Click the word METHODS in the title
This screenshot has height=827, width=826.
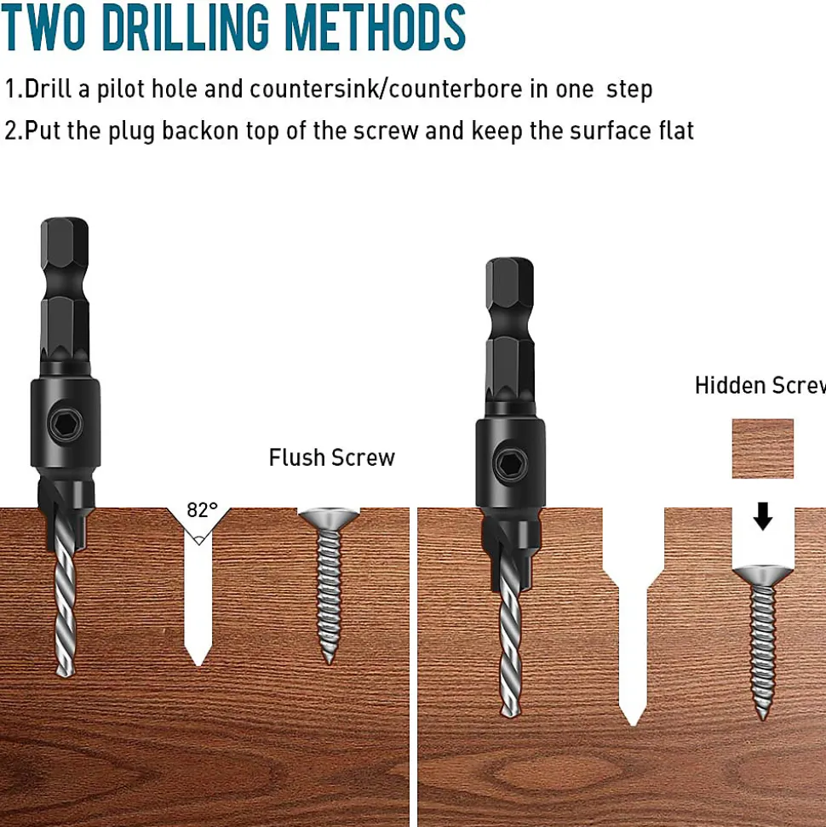(x=375, y=26)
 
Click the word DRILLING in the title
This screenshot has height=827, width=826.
(x=185, y=26)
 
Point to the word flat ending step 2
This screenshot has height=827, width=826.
(x=676, y=130)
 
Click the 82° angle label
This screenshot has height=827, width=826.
(x=202, y=510)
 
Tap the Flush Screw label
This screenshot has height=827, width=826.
(x=332, y=457)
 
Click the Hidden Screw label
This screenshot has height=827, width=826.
(x=760, y=385)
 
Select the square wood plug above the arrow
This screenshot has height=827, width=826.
(x=763, y=448)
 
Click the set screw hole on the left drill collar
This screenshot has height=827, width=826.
(x=66, y=423)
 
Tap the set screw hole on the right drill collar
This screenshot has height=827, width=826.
(x=511, y=464)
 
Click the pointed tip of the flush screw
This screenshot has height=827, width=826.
(x=330, y=662)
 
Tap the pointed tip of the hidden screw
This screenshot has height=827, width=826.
(x=763, y=717)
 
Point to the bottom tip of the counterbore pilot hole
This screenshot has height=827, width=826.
(x=633, y=725)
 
